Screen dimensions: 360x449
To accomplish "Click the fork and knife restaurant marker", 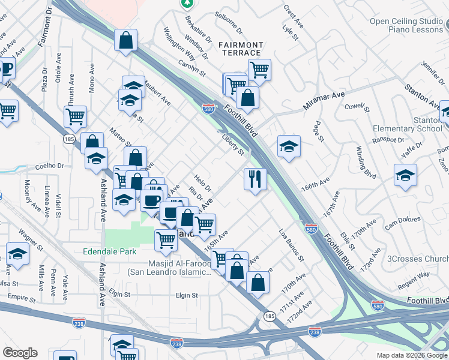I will pos(255,179).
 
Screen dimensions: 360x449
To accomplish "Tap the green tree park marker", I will pos(188,4).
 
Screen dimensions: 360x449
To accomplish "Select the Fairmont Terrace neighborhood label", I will pos(240,49).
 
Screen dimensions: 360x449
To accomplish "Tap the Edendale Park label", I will pos(110,252).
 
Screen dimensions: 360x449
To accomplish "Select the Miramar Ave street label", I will pos(324,100).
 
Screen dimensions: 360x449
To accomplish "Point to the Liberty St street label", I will pos(233,145).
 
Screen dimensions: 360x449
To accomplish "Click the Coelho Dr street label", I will pos(49,166).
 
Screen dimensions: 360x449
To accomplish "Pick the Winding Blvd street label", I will pos(366,163).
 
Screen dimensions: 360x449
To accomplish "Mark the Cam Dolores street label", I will pos(400,224).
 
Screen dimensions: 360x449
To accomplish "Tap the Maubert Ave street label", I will pos(158,94).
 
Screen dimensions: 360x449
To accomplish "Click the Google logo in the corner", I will pos(20,353).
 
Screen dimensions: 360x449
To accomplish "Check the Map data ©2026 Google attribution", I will pos(411,355).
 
